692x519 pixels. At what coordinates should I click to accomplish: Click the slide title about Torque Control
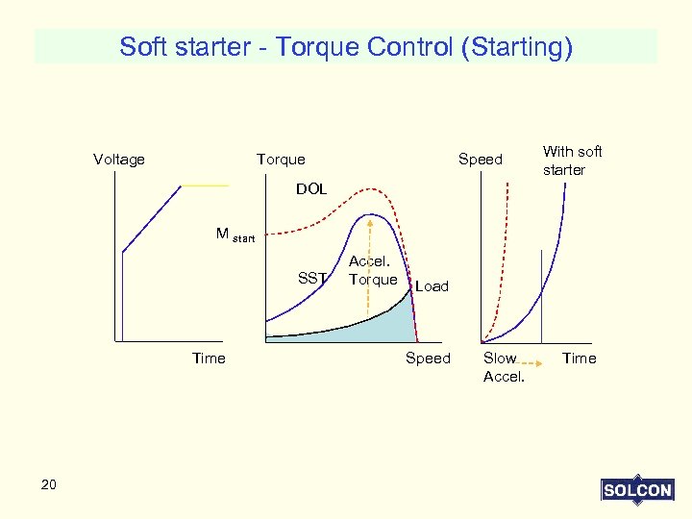click(346, 46)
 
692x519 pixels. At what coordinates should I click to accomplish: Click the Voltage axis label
click(119, 160)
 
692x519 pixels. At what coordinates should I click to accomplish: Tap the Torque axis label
click(281, 160)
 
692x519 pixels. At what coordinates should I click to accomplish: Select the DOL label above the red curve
click(311, 189)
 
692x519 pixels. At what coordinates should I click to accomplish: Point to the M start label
click(235, 235)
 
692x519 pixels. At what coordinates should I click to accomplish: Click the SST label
click(312, 279)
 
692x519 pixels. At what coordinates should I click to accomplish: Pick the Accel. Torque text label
click(372, 270)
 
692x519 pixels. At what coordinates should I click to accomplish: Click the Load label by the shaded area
click(432, 286)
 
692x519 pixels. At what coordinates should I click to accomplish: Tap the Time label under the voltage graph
click(209, 358)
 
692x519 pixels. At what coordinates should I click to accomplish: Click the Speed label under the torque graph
click(428, 358)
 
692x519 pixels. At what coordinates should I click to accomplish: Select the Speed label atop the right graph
click(480, 160)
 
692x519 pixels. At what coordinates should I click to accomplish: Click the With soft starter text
click(572, 161)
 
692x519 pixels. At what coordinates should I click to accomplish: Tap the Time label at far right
click(579, 358)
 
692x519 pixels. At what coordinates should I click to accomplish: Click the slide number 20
click(49, 484)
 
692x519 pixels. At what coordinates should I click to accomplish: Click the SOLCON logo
click(636, 490)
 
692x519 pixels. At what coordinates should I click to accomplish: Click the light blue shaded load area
click(380, 324)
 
